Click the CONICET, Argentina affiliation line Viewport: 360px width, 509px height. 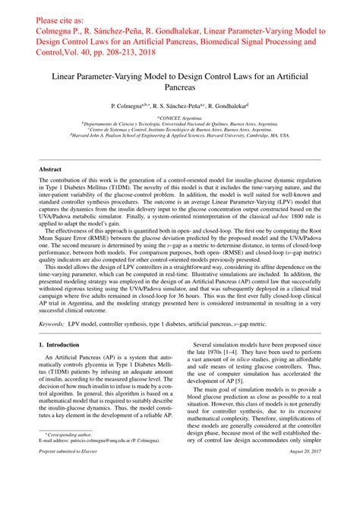pyautogui.click(x=180, y=119)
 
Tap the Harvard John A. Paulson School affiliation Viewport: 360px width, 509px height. pyautogui.click(x=180, y=135)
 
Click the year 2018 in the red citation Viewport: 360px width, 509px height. pyautogui.click(x=167, y=54)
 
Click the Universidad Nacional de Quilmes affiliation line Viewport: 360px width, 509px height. pyautogui.click(x=180, y=125)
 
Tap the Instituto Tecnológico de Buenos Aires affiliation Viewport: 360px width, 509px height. pyautogui.click(x=180, y=130)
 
